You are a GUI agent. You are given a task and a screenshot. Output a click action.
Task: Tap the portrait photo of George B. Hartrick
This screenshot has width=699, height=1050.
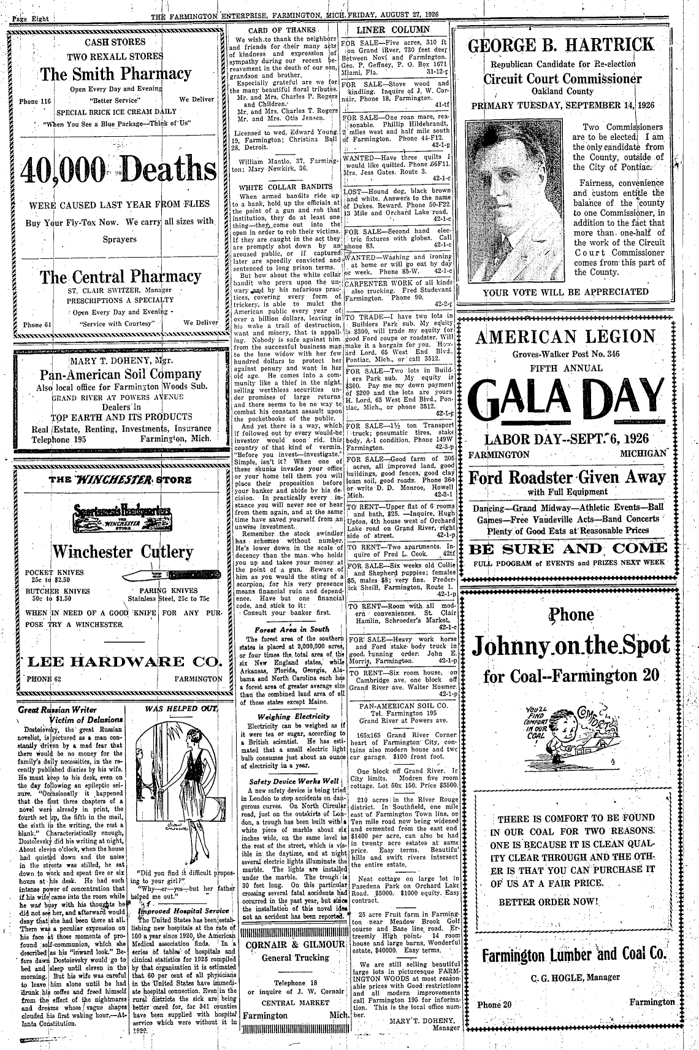pyautogui.click(x=514, y=197)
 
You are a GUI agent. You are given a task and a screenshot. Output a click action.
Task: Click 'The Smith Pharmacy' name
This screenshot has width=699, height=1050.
pyautogui.click(x=116, y=74)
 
